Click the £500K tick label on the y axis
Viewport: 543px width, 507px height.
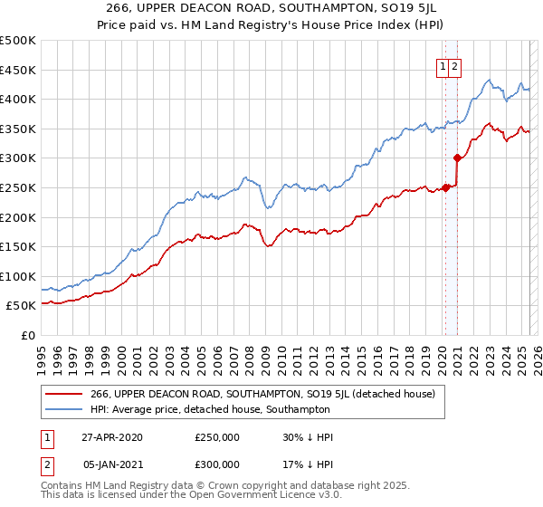pyautogui.click(x=17, y=41)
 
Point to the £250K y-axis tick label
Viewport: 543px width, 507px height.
pyautogui.click(x=17, y=187)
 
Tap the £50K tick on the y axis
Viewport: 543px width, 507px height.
pyautogui.click(x=21, y=306)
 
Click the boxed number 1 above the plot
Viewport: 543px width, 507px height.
pyautogui.click(x=443, y=65)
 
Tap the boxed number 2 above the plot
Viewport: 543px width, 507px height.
pyautogui.click(x=454, y=65)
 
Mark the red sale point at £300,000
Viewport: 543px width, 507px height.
pyautogui.click(x=457, y=158)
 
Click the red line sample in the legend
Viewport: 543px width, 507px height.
pyautogui.click(x=63, y=394)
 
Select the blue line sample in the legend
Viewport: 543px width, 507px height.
pyautogui.click(x=63, y=409)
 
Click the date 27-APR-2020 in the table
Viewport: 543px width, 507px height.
pyautogui.click(x=112, y=437)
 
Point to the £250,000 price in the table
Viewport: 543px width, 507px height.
pyautogui.click(x=217, y=437)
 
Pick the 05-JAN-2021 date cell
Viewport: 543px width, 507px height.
pyautogui.click(x=112, y=464)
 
